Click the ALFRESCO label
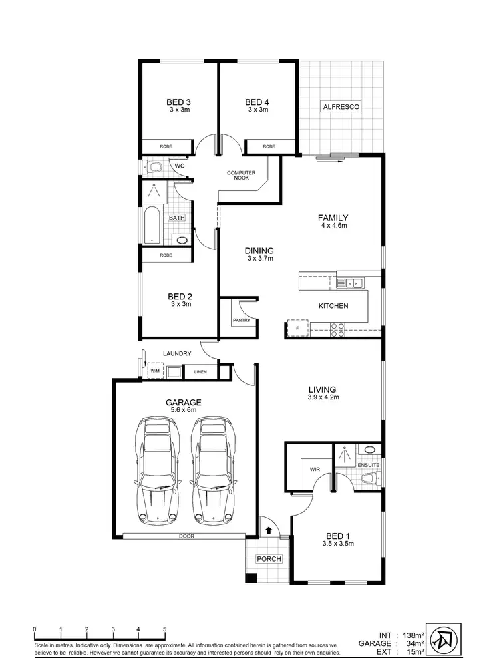341,106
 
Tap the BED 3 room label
179,102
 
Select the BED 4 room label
257,102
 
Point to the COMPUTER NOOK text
242,176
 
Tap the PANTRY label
240,320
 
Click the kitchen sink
351,283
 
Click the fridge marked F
297,328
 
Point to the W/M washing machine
155,371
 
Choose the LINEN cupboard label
200,372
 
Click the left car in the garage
158,470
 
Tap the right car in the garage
213,470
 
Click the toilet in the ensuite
367,478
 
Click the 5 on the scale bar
165,629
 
